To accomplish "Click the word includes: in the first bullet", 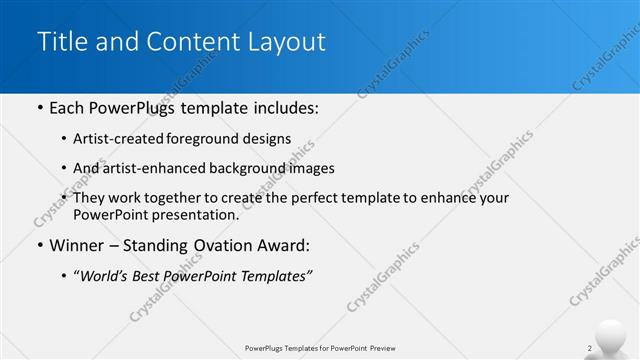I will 281,107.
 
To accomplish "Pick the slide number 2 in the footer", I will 590,348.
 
